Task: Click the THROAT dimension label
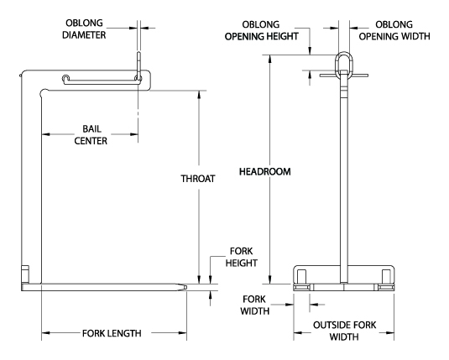click(x=198, y=179)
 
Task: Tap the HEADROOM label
click(x=265, y=171)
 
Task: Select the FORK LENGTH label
click(x=112, y=333)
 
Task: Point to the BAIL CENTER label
click(x=91, y=135)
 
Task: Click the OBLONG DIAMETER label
click(x=84, y=29)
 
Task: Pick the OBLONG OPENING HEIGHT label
click(x=262, y=30)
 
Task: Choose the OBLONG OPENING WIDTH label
click(x=394, y=30)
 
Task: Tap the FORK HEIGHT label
click(x=242, y=257)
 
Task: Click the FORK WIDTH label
click(x=254, y=305)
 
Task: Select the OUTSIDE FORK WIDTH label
click(x=344, y=331)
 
